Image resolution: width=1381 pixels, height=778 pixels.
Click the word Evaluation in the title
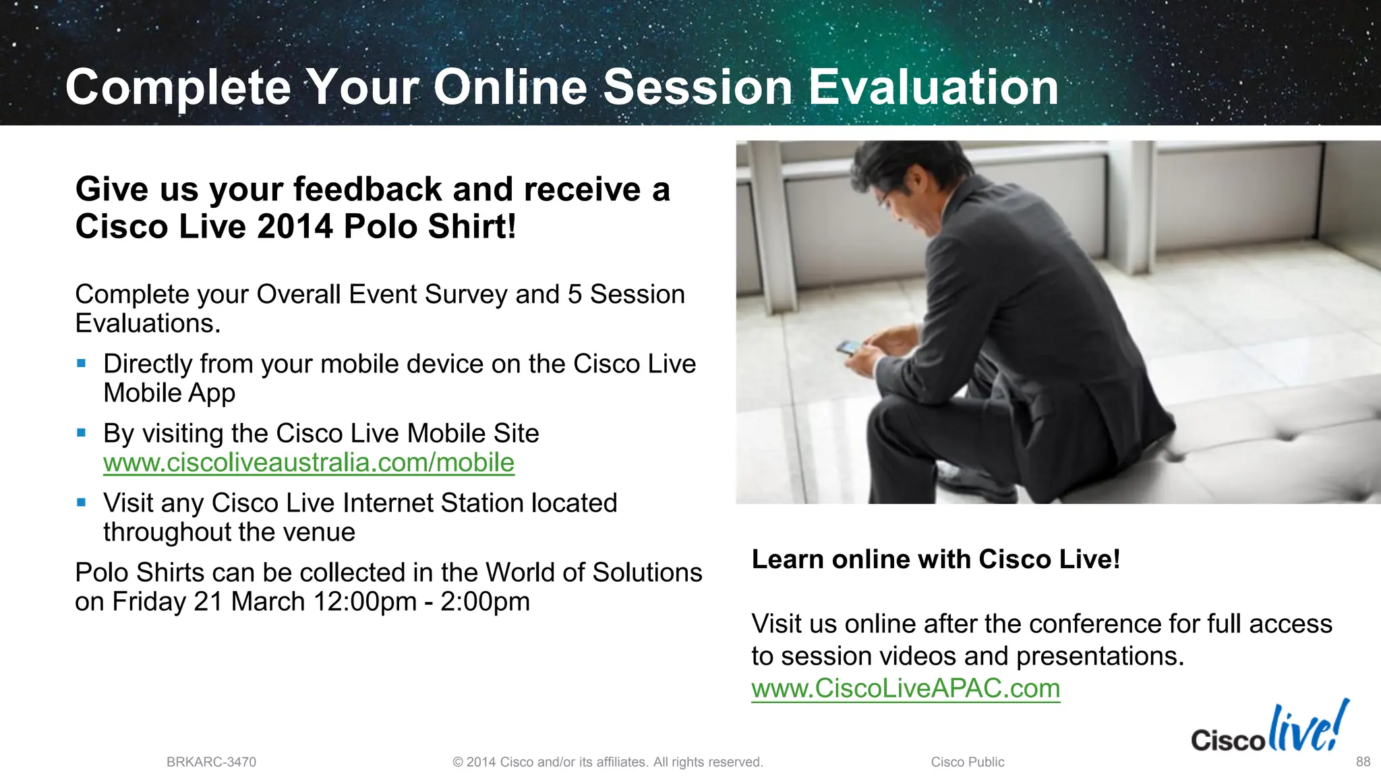point(933,88)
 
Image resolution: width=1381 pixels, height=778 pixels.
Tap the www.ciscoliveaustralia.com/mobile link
point(308,463)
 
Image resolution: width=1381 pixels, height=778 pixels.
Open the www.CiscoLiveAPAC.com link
point(906,689)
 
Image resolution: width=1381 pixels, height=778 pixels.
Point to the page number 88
point(1363,762)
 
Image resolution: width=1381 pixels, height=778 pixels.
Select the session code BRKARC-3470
point(211,762)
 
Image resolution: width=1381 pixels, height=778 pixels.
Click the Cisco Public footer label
point(967,762)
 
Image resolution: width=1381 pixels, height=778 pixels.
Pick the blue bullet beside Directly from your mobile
point(82,364)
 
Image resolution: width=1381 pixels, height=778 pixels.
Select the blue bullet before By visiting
point(82,433)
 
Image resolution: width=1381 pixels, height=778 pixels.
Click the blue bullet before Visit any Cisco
point(82,503)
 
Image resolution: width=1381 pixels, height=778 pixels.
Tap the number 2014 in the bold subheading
point(295,227)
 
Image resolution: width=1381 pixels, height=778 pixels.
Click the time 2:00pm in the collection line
point(485,602)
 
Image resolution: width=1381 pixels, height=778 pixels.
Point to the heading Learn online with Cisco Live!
point(935,560)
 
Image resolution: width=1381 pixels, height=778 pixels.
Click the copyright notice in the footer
point(608,762)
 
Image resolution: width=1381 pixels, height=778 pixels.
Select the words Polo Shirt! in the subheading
point(430,227)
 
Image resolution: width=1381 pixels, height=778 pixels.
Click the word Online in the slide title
point(510,88)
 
